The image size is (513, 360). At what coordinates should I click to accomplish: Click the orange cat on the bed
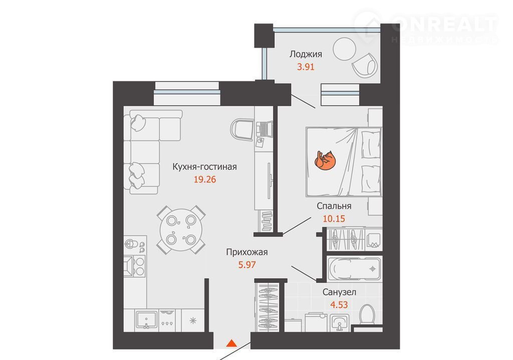point(325,160)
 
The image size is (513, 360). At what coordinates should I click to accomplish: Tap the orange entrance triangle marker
point(231,343)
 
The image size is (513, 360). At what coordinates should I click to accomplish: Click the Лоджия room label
point(306,54)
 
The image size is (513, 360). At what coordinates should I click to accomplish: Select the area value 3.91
point(306,67)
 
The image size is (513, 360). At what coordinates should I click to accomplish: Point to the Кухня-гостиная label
point(204,167)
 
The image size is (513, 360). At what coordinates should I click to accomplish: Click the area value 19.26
point(205,179)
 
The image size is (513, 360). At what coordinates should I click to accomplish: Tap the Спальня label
point(334,206)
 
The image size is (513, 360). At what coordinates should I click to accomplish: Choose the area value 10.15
point(334,219)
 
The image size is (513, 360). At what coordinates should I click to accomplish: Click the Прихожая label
point(247,252)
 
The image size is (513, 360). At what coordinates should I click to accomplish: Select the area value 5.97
point(247,265)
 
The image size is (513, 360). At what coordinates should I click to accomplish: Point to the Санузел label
point(339,292)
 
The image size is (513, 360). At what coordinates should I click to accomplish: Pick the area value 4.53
point(339,305)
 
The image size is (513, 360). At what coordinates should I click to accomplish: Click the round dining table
point(181,230)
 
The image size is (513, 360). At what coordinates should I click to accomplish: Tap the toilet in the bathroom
point(367,314)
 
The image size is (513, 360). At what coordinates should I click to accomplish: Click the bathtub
point(354,269)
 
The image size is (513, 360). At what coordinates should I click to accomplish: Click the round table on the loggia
point(344,49)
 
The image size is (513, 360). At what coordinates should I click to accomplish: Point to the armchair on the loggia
point(364,64)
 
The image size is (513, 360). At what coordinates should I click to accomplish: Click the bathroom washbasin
point(339,323)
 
